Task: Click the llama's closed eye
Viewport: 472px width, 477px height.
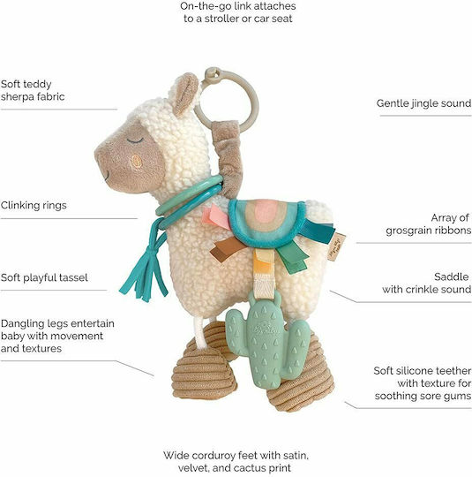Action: (x=135, y=140)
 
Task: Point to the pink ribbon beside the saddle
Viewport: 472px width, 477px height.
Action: (x=217, y=217)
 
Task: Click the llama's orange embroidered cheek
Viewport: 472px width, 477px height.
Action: (x=137, y=162)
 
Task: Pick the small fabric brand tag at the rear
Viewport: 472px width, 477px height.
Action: (x=336, y=246)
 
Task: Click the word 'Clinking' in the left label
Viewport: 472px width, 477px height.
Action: (x=19, y=206)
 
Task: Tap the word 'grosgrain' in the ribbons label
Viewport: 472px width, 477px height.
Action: (x=409, y=231)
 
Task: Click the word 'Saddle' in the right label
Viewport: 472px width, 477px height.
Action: (x=452, y=276)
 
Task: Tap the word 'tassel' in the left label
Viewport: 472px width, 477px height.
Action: (x=73, y=277)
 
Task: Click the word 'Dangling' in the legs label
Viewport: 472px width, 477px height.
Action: (x=21, y=324)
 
